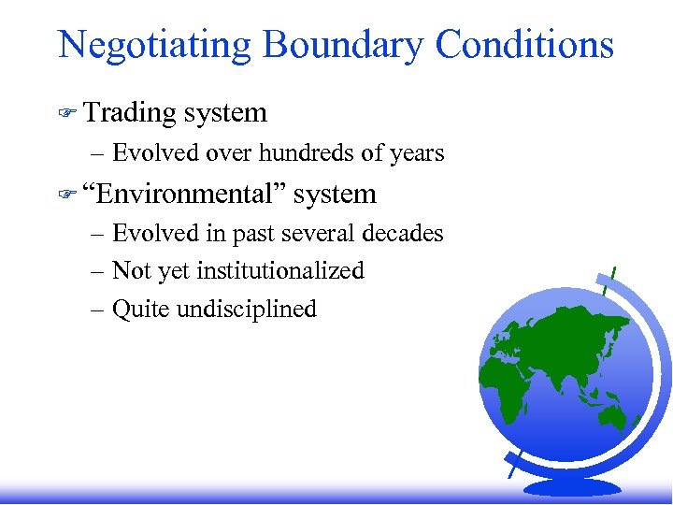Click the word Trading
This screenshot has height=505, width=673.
pos(130,113)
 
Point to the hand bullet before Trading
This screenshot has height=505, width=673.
pos(66,113)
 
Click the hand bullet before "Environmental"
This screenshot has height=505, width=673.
pos(66,195)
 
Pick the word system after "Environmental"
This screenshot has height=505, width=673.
pos(335,195)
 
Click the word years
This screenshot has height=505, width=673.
pos(417,152)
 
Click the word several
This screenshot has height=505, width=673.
pos(314,233)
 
